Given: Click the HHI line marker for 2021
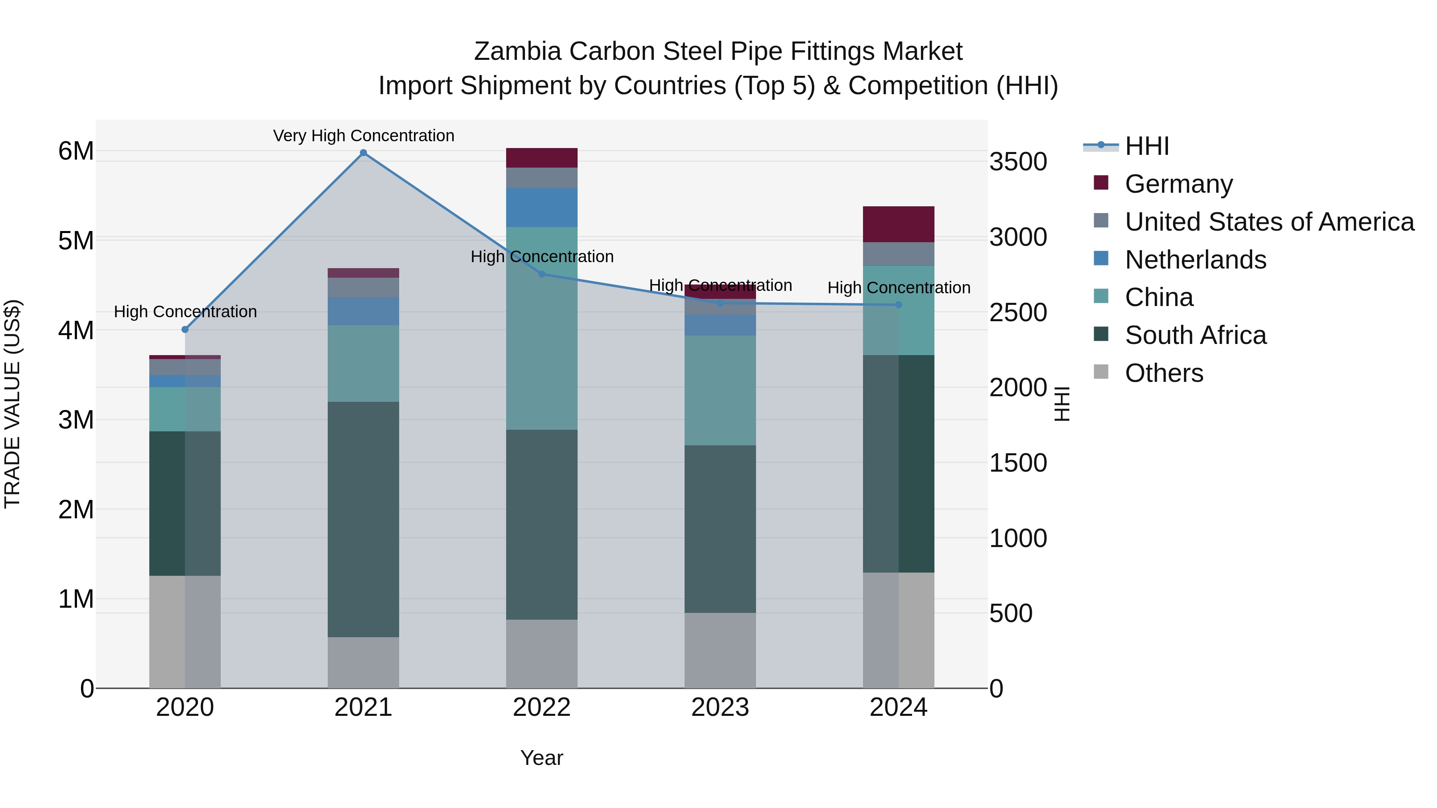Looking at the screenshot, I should coord(363,153).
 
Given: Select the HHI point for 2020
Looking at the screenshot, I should coord(185,330).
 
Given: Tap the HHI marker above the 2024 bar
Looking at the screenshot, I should coord(898,305).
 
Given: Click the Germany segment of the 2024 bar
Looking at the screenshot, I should coord(898,224).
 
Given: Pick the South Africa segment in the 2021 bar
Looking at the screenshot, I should coord(363,519).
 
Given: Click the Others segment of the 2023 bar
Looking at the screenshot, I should coord(720,650).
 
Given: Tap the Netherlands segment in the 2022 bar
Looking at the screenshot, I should coord(541,207).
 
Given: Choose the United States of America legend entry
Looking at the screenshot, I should coord(1269,222).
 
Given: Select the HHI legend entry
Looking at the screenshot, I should coord(1146,146).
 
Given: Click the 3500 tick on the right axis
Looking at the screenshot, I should coord(1018,162).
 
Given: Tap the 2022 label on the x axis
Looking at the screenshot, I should coord(541,707).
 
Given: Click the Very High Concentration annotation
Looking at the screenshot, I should coord(363,136).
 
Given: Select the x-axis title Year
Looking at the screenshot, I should coord(541,758).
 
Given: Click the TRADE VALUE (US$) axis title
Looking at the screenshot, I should coord(12,404).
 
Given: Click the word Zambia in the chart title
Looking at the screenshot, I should coord(517,51).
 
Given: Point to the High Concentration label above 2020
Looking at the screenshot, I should coord(185,312).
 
